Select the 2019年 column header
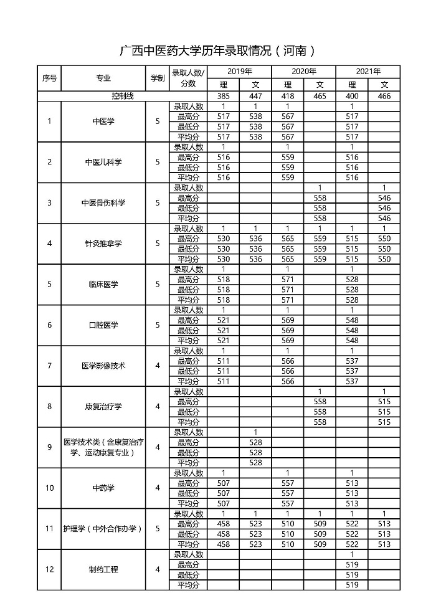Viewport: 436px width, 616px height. pos(239,72)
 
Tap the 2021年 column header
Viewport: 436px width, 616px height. pos(368,72)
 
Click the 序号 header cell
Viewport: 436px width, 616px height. pos(50,78)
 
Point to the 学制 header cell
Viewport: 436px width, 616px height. pos(158,78)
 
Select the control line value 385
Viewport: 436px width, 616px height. pos(223,97)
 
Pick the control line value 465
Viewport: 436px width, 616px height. pos(320,97)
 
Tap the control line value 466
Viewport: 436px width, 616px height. pos(384,97)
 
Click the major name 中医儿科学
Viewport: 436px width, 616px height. pos(103,162)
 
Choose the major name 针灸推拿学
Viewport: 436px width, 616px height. pos(103,244)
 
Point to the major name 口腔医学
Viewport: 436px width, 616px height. pos(103,325)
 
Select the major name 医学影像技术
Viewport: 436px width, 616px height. pos(103,366)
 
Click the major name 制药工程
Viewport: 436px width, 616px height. pos(103,569)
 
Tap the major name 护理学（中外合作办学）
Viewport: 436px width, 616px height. pos(103,529)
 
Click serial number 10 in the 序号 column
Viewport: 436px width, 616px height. pos(50,488)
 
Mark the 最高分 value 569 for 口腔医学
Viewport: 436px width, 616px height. pos(288,320)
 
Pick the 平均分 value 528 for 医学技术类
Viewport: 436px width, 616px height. pos(255,463)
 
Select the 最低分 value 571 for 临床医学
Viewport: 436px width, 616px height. pos(288,290)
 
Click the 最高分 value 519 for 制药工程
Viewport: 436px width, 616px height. pos(352,564)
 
